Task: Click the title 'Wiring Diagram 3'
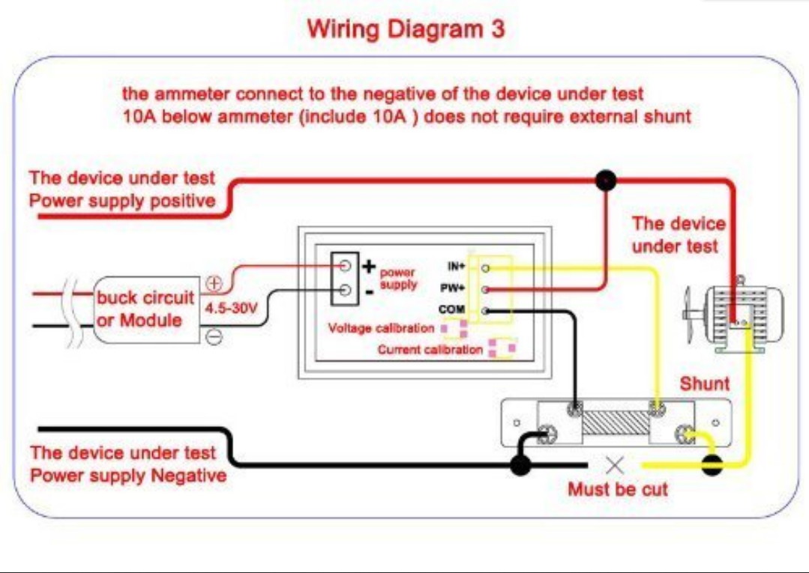[406, 29]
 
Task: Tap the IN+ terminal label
[457, 267]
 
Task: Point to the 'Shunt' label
[704, 383]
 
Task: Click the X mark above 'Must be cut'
[615, 465]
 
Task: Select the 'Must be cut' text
[617, 490]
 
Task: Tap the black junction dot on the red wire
[605, 181]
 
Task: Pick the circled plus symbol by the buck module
[214, 283]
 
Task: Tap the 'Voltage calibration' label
[381, 328]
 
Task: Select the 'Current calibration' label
[430, 350]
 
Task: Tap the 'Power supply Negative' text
[128, 476]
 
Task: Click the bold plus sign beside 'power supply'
[368, 266]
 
